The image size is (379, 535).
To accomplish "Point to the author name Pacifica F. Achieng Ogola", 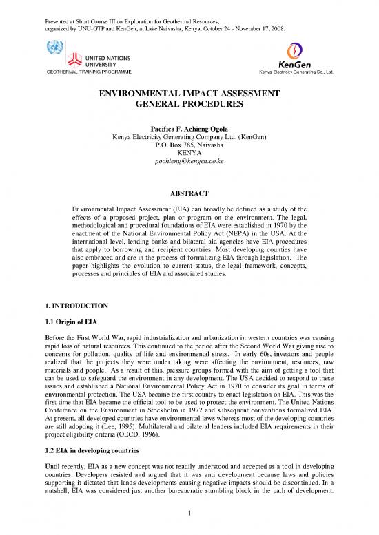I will [189, 129].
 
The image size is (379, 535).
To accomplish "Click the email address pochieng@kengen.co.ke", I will [189, 163].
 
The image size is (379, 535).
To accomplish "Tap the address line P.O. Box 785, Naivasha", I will [189, 146].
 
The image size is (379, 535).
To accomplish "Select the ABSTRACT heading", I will [189, 193].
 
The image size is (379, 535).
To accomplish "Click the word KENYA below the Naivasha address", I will [189, 154].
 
